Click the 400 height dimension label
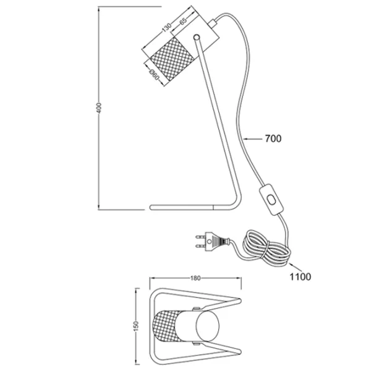point(100,108)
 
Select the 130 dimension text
point(166,27)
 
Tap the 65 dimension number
point(184,21)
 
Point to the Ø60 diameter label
point(154,75)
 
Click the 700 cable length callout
point(273,139)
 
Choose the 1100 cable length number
point(301,276)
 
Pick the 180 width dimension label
point(195,278)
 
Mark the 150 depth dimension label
point(137,326)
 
